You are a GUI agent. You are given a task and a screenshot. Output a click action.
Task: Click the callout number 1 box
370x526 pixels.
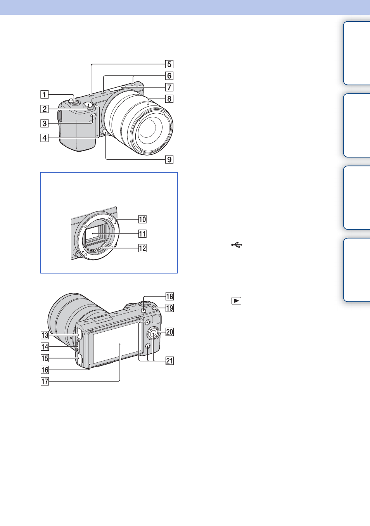[x=44, y=95]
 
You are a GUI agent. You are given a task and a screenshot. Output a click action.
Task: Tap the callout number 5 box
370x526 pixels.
[x=169, y=64]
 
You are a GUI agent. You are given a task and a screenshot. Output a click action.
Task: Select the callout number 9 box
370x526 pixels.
[x=169, y=160]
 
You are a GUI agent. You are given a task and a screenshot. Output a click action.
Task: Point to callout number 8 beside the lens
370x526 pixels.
[x=169, y=99]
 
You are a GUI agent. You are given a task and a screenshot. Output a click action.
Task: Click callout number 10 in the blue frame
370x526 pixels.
[x=142, y=219]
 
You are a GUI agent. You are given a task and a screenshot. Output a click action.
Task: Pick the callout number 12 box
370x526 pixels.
[x=142, y=248]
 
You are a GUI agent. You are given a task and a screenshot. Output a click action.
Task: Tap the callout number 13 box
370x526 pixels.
[x=45, y=335]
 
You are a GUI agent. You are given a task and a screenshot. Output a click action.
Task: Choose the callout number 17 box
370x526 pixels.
[x=45, y=381]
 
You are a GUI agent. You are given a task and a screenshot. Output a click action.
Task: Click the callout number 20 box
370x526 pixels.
[x=169, y=332]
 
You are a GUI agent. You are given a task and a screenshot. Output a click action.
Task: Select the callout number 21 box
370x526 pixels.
[x=169, y=361]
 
